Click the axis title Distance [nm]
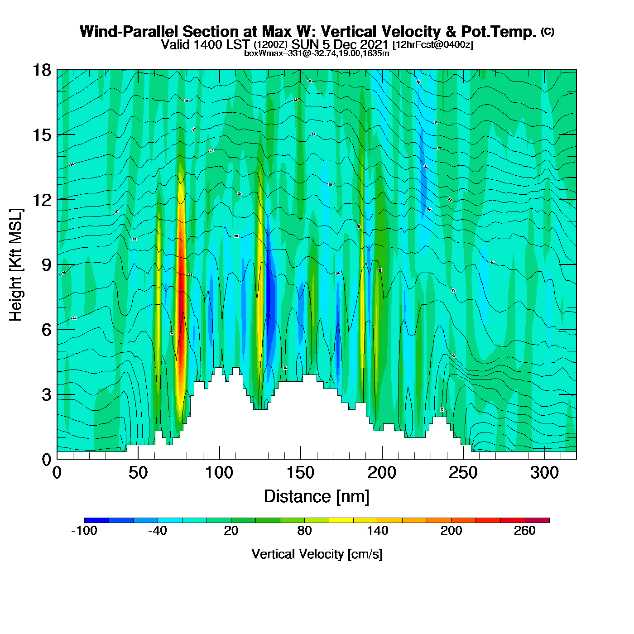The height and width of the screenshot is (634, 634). (317, 497)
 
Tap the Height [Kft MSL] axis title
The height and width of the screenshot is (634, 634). (16, 265)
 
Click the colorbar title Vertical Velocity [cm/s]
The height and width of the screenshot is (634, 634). (317, 554)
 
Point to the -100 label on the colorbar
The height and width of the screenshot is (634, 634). (84, 531)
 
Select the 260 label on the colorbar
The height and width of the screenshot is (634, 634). (524, 531)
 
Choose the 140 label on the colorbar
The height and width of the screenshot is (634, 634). (378, 531)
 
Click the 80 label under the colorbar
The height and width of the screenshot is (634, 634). (304, 531)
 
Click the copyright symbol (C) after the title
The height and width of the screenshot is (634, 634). (548, 31)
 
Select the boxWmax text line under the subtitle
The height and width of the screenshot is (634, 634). (317, 53)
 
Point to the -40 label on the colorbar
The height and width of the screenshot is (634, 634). (157, 531)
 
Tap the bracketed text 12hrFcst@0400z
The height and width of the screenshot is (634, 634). (432, 45)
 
